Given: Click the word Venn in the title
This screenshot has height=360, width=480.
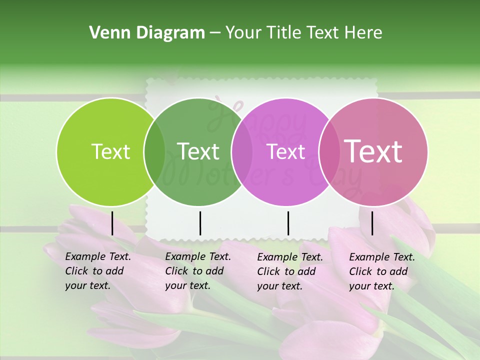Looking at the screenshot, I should [106, 33].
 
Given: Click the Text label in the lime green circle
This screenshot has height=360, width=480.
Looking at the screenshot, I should [110, 152].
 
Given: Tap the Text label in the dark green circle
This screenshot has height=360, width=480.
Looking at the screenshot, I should [198, 152].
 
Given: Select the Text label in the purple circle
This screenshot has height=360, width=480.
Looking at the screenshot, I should [286, 152].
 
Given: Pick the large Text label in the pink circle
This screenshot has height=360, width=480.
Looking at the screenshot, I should [373, 151].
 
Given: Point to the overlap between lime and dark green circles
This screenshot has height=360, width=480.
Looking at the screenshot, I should [154, 152].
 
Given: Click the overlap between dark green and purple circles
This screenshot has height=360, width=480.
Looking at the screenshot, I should [242, 152].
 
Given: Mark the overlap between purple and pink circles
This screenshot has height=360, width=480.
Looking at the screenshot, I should [328, 152].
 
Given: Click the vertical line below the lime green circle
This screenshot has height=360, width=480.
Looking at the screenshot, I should [112, 223].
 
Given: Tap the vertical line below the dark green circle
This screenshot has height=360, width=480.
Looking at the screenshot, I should [200, 223].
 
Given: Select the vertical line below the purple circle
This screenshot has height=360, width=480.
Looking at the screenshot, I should [288, 223].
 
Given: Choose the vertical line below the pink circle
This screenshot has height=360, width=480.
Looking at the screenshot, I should [372, 223].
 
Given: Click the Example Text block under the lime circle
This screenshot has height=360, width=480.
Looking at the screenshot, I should [98, 271].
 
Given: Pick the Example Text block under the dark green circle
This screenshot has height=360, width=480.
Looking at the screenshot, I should [198, 271].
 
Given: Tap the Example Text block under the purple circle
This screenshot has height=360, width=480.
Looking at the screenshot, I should [290, 271].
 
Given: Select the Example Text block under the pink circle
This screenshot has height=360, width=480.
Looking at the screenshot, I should [382, 271].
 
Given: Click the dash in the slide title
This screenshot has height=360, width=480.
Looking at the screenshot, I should [215, 33].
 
